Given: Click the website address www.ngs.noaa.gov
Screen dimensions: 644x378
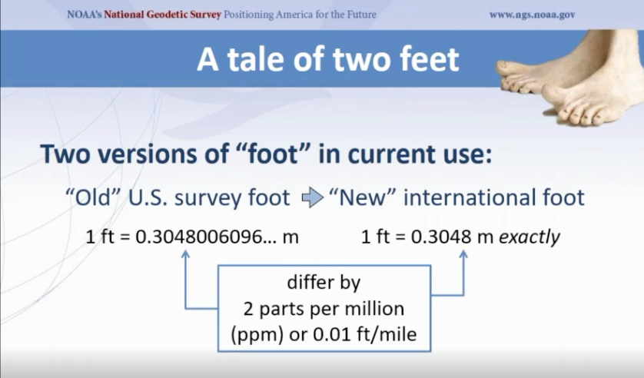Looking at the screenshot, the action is [x=532, y=15].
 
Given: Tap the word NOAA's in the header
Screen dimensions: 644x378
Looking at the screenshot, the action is [x=85, y=15].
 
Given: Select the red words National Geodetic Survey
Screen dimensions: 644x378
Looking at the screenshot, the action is [x=162, y=15].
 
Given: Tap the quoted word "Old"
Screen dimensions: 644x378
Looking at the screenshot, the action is [x=94, y=197].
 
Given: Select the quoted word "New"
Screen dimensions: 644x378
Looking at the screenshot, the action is [x=362, y=197].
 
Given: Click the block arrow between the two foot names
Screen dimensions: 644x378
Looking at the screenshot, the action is [x=313, y=197].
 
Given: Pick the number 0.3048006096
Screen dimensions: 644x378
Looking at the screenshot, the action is [x=199, y=237].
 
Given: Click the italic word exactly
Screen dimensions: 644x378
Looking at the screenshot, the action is [x=529, y=237].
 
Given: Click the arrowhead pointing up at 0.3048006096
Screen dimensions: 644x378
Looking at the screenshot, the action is [x=186, y=254].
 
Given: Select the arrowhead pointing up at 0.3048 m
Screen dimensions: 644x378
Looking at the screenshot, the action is [x=463, y=254].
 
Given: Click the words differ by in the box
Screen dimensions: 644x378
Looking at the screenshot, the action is [x=324, y=283].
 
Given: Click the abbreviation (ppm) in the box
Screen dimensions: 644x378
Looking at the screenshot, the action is [x=257, y=335].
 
